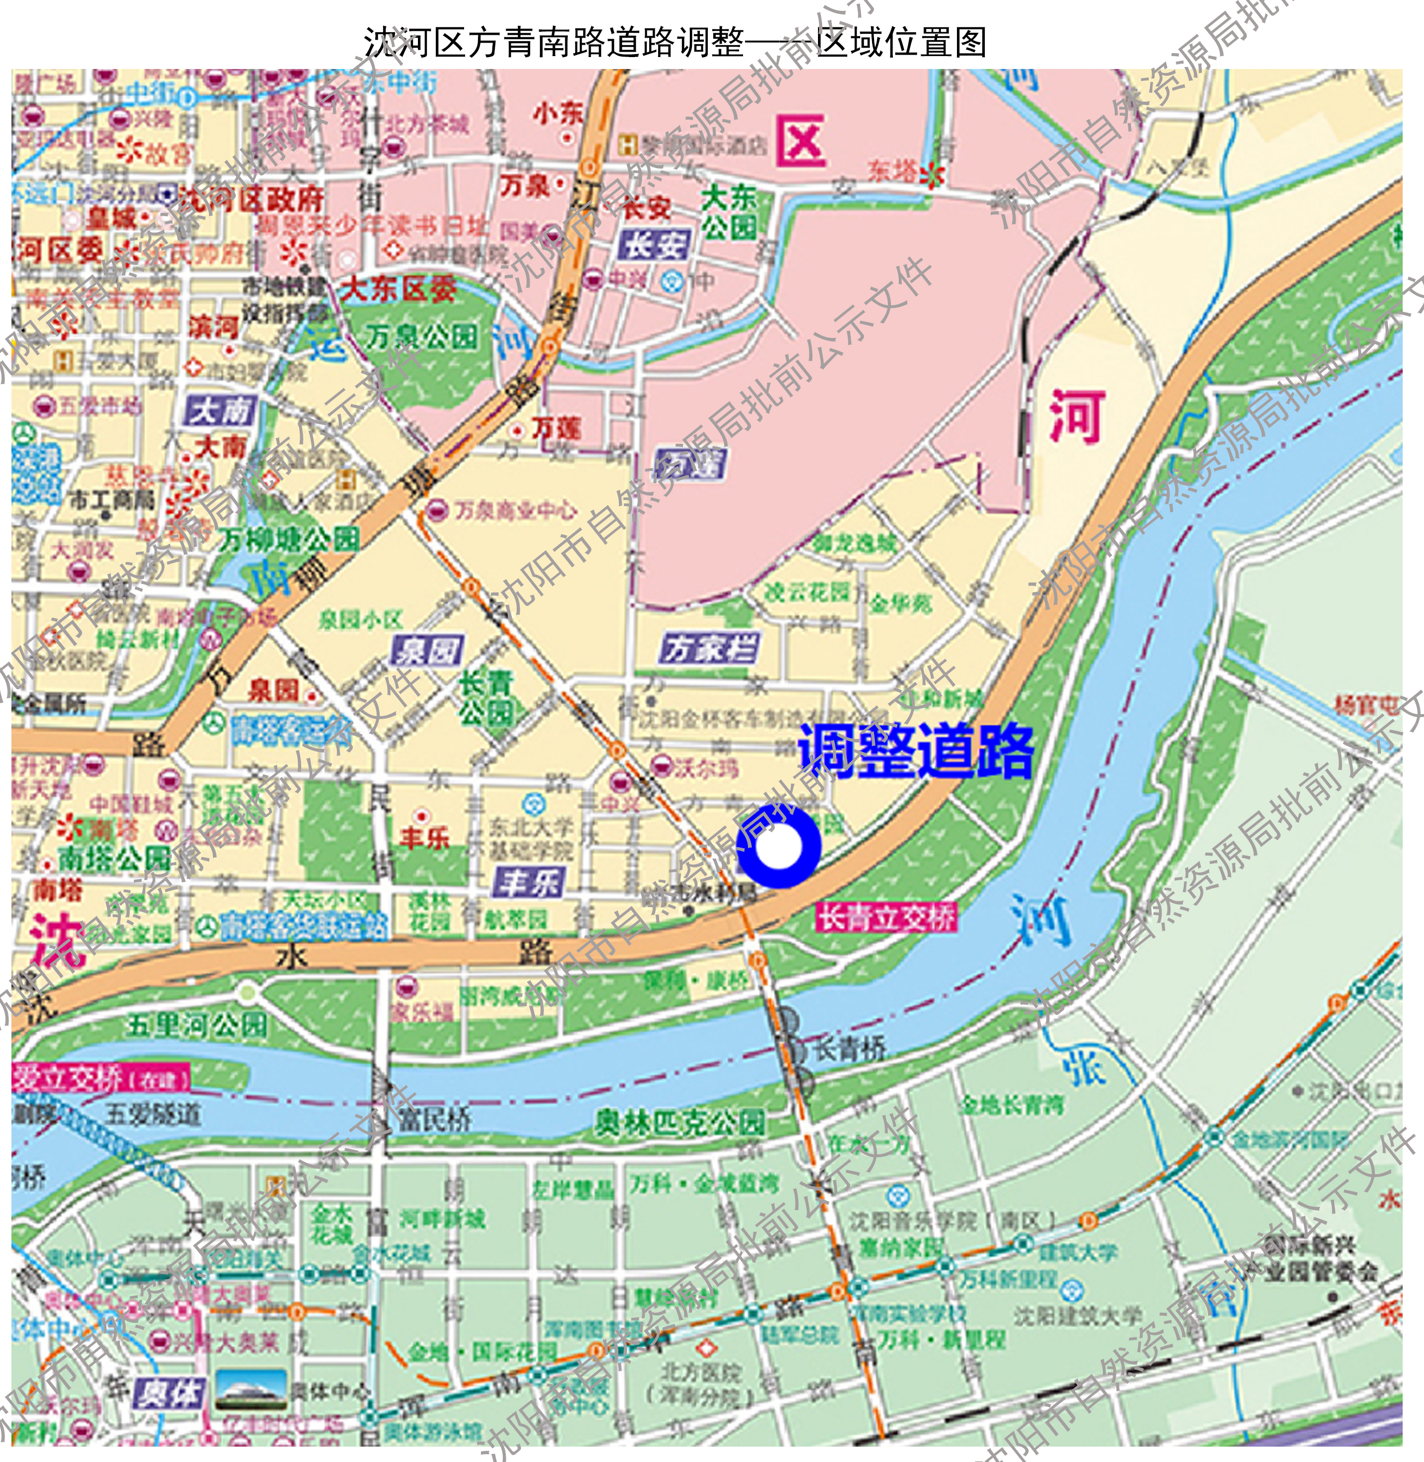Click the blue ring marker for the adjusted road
tap(779, 847)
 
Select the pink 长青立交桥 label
tap(886, 917)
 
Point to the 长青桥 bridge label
tap(849, 1049)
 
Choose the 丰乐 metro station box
tap(529, 882)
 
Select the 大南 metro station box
tap(221, 410)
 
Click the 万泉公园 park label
tap(421, 337)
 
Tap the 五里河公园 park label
tap(196, 1024)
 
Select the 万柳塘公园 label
tap(289, 538)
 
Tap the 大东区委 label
tap(398, 289)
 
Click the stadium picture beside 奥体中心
tap(251, 1390)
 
